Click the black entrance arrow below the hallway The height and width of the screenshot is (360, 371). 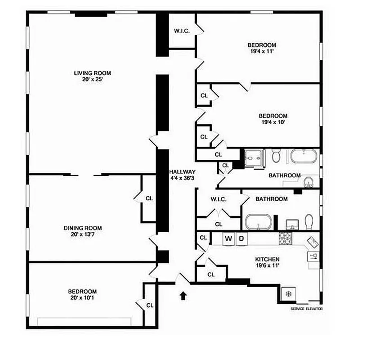(183, 296)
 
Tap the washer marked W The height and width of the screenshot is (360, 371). (228, 238)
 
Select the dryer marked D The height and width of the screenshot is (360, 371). (241, 238)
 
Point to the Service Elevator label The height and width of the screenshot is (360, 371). (307, 309)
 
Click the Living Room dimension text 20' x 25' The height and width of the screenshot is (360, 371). (92, 79)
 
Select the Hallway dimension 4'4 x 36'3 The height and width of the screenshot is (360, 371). (182, 178)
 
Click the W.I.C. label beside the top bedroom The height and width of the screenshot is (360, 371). (182, 31)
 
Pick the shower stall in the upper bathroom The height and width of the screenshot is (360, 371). (252, 157)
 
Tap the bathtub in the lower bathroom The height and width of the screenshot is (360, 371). (258, 222)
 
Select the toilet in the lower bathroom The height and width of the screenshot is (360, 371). (309, 221)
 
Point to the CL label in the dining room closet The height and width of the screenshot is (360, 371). (149, 198)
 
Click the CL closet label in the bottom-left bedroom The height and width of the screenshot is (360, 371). (150, 305)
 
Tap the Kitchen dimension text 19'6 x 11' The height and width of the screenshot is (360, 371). (268, 265)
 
